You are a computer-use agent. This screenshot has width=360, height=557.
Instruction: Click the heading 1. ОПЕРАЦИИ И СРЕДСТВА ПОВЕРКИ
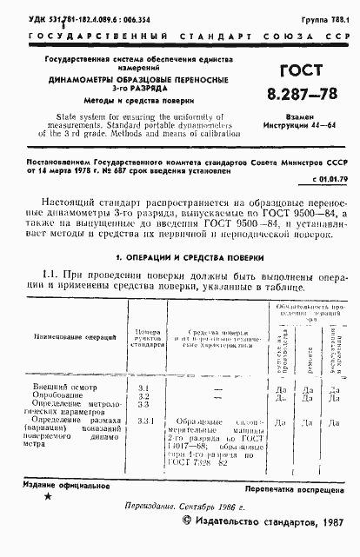click(x=180, y=257)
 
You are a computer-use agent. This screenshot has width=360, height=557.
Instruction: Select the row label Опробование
click(x=57, y=395)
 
